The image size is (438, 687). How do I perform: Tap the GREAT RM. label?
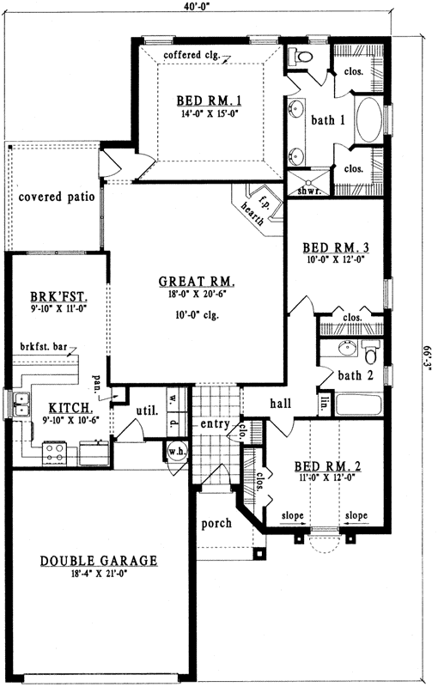[197, 281]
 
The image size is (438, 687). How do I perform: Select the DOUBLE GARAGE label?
[99, 561]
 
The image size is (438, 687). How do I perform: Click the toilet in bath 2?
[371, 353]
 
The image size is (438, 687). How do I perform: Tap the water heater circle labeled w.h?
[177, 452]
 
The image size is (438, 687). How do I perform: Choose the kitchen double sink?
[21, 404]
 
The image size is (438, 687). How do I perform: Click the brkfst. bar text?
[44, 348]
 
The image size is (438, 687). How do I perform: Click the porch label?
[216, 523]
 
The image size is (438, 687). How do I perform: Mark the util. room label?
[145, 411]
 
